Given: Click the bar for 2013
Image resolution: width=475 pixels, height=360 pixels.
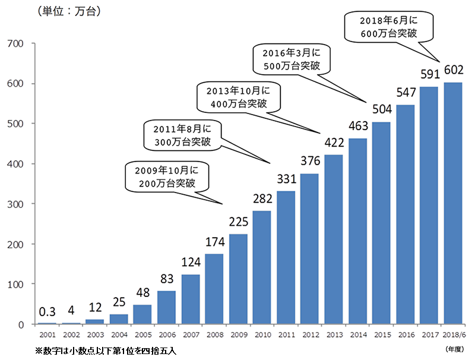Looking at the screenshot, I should click(x=334, y=239).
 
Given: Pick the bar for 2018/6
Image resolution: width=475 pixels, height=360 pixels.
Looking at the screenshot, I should click(x=454, y=203).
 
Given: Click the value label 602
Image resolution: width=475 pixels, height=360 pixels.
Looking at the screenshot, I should click(x=454, y=71).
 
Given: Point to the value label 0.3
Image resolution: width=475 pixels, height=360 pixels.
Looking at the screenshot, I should click(x=47, y=312).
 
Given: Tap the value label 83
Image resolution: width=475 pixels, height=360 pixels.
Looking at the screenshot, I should click(x=166, y=279).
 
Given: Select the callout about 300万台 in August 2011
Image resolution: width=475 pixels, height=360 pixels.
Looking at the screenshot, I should click(x=182, y=135).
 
